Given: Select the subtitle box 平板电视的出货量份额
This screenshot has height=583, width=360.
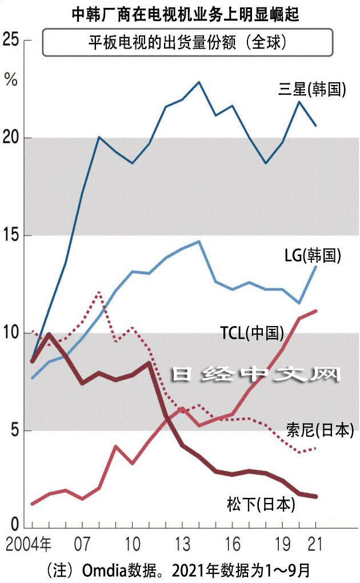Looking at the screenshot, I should point(187,43).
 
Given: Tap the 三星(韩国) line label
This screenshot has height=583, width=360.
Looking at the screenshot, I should point(312,90).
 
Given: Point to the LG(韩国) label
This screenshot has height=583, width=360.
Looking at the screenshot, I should point(313,255).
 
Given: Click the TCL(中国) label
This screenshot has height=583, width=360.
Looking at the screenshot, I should point(252,333).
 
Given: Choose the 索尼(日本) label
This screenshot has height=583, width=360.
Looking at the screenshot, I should point(321,429).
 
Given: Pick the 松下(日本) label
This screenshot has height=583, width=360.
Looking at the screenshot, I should point(261,504).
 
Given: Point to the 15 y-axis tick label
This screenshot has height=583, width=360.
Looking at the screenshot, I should point(12,235).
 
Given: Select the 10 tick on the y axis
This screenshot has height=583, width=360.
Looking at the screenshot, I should point(12,333).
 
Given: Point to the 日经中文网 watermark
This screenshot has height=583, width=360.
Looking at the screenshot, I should point(257,375).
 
